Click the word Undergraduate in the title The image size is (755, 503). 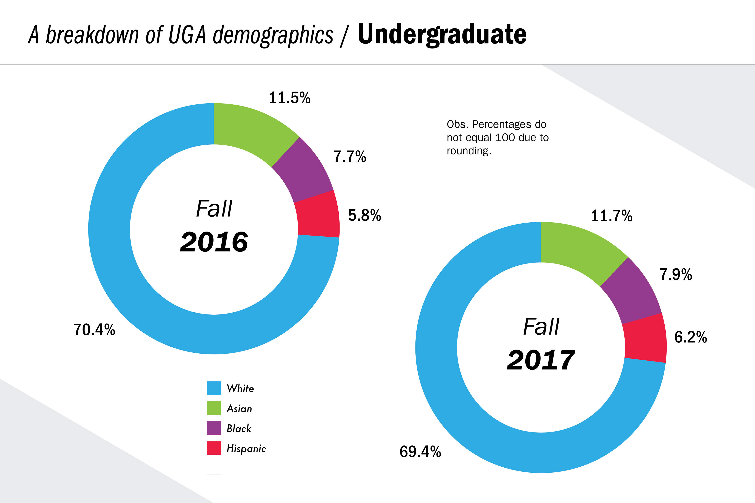442,35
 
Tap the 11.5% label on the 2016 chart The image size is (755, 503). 290,98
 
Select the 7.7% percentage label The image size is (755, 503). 350,157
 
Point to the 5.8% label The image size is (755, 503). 364,215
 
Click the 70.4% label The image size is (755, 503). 94,330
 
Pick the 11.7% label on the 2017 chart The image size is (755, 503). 611,216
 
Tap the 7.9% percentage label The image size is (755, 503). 676,275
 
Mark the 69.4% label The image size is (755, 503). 420,452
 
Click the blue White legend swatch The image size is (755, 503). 214,388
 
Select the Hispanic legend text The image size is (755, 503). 246,448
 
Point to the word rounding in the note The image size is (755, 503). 469,151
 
